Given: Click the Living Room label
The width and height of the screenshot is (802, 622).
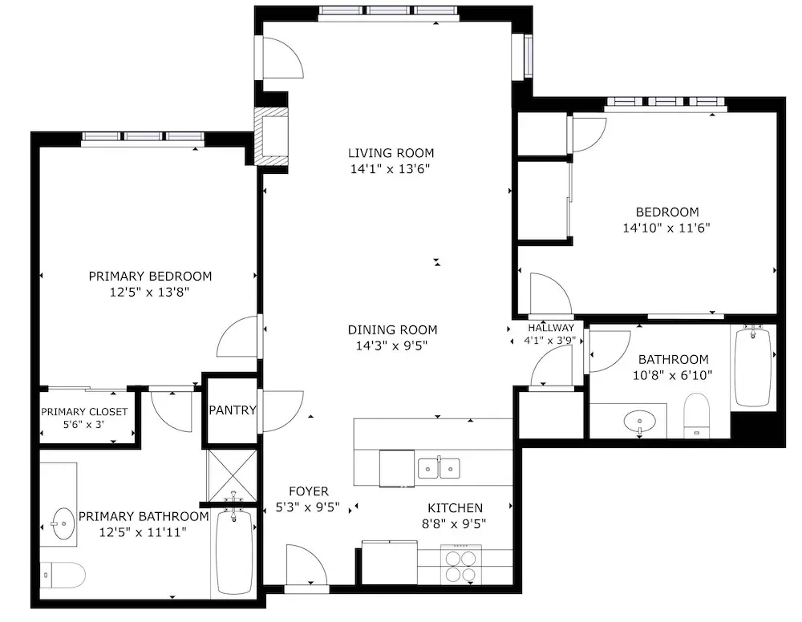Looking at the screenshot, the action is [x=391, y=153].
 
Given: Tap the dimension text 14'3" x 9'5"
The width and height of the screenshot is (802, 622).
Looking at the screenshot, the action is [x=392, y=346].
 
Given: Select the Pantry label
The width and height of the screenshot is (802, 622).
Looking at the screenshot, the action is [x=233, y=410].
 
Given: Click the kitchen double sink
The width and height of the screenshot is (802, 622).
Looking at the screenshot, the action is [x=439, y=468].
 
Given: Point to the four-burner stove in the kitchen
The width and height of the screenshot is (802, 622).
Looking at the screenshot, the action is [x=461, y=565].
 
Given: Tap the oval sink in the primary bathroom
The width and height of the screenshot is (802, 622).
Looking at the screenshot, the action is [x=63, y=523].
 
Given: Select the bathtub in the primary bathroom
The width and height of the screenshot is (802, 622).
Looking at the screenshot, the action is [x=234, y=551].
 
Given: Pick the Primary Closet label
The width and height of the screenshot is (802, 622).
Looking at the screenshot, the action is [x=84, y=412].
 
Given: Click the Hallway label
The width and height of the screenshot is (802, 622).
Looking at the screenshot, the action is [x=551, y=328].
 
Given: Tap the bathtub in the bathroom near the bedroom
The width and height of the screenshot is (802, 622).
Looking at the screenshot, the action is [x=752, y=367].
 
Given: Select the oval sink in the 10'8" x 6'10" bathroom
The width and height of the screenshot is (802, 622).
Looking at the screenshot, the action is [x=640, y=422].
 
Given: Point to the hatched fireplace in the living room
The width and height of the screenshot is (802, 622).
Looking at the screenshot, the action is [x=271, y=137].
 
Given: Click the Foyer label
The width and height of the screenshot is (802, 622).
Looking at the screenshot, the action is [x=309, y=491].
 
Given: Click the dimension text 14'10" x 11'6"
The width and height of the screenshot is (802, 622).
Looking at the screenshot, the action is [x=666, y=228].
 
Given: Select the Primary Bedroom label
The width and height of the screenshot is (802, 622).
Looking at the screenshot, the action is [x=151, y=277].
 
